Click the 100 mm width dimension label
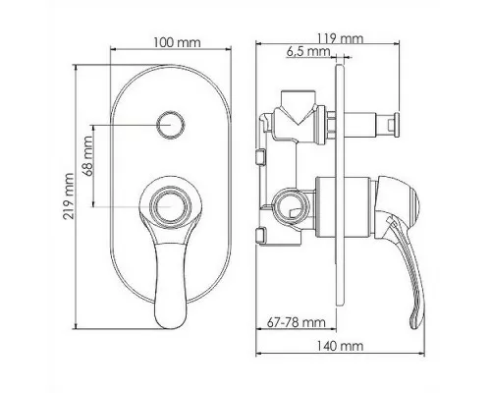pyautogui.click(x=177, y=42)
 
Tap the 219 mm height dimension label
pyautogui.click(x=69, y=196)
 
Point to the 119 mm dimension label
pyautogui.click(x=341, y=38)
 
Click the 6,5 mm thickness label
pyautogui.click(x=308, y=52)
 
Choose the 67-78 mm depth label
pyautogui.click(x=297, y=322)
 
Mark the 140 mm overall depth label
pyautogui.click(x=340, y=346)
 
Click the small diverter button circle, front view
pyautogui.click(x=171, y=126)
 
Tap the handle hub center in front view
pyautogui.click(x=171, y=207)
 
